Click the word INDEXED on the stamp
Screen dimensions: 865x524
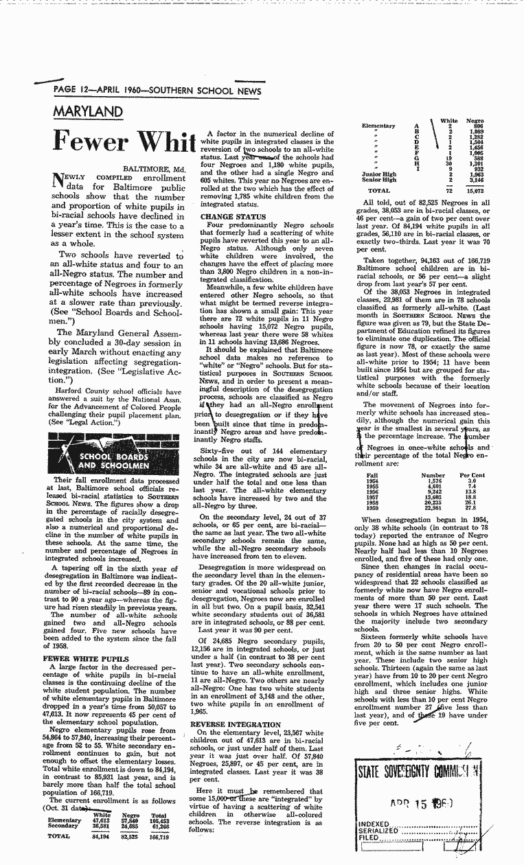375,823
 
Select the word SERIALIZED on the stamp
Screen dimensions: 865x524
378,831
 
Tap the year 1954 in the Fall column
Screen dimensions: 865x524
374,481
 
